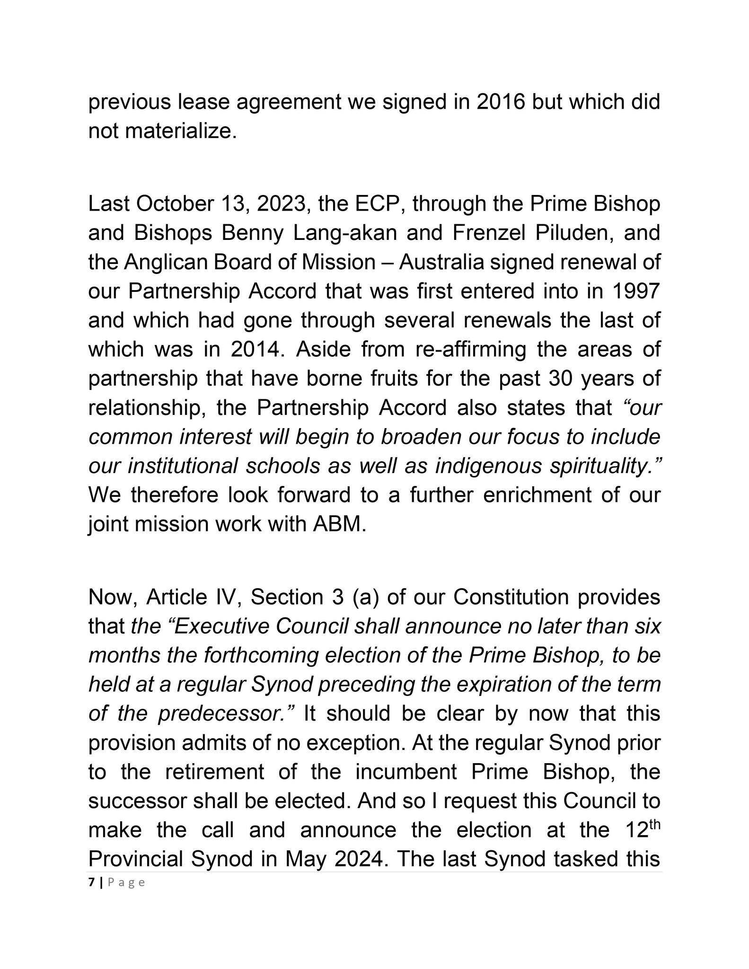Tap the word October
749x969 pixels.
point(175,204)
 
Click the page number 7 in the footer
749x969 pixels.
point(91,882)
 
